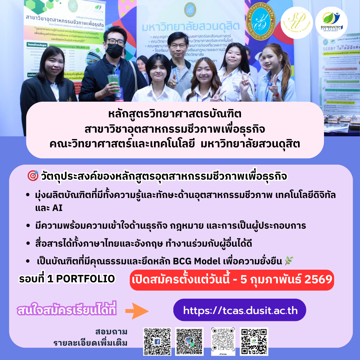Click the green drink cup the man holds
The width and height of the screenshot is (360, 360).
[x=114, y=82]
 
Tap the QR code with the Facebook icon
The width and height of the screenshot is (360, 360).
[x=157, y=342]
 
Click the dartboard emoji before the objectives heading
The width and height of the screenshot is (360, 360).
[x=33, y=176]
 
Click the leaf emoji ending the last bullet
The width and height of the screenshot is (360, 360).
[x=288, y=261]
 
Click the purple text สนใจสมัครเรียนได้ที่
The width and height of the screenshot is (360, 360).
[x=67, y=310]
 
